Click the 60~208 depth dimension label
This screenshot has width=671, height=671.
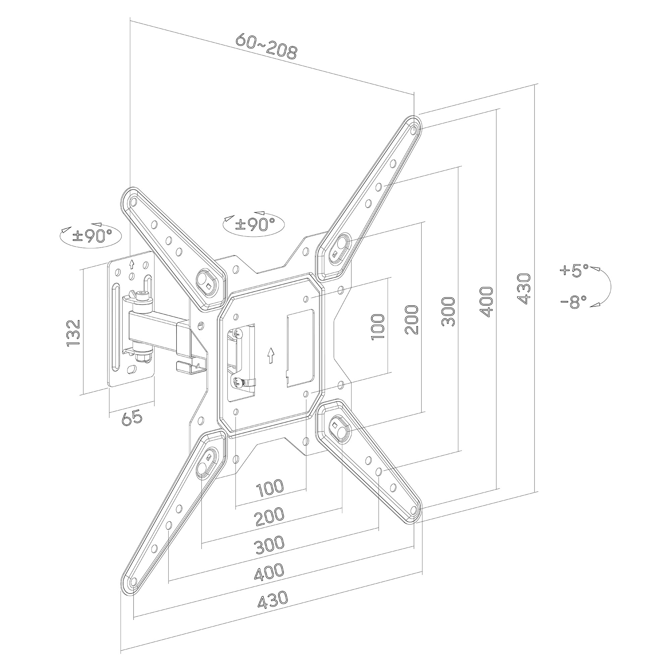point(266,46)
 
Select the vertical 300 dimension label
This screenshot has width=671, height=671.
point(448,312)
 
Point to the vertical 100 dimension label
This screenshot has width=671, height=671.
point(377,327)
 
